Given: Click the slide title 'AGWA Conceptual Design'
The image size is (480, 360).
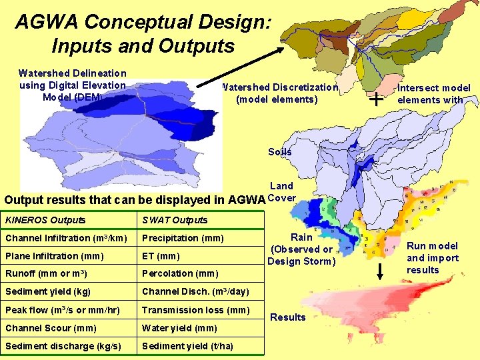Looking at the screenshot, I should tap(143, 33).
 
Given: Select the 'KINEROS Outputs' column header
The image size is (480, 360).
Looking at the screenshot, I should tap(45, 220).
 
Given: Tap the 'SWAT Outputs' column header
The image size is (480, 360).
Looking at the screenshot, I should tap(175, 220).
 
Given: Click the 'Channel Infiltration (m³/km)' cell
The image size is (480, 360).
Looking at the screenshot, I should tap(67, 238).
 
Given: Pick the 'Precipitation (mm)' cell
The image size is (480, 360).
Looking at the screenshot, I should tap(183, 238).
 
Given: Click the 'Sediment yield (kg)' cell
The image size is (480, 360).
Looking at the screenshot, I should tap(48, 291).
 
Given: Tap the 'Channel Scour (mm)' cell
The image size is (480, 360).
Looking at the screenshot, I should tap(51, 328).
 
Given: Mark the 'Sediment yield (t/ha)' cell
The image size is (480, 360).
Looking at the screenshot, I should tap(187, 346).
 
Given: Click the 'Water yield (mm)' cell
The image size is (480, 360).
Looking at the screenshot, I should tap(179, 328).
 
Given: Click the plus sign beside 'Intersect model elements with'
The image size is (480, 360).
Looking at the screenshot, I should tap(377, 100).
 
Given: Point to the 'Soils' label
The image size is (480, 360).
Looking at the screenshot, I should tap(280, 152).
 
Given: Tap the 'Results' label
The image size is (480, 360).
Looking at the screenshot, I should tap(288, 317).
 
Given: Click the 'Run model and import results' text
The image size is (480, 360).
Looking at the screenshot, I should tap(433, 258).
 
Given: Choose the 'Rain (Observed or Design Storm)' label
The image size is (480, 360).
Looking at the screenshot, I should tap(301, 249).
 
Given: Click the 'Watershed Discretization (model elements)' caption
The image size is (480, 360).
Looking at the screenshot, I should tap(279, 93).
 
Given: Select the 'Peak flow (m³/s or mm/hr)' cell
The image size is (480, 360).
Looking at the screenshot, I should tap(63, 310).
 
